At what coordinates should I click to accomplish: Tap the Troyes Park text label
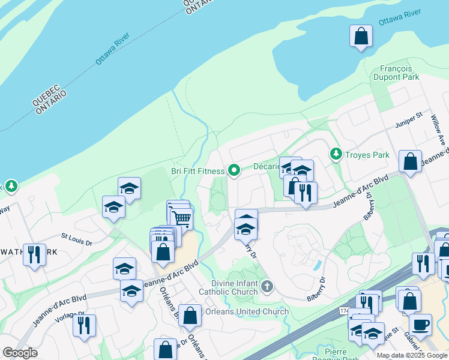367,155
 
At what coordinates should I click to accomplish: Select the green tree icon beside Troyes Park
336,155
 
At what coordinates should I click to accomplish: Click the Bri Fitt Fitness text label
197,171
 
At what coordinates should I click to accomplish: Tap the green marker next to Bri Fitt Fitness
234,171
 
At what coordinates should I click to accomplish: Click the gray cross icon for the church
268,287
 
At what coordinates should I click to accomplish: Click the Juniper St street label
409,120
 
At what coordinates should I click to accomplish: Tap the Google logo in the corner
20,353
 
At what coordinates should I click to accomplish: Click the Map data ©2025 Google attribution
412,355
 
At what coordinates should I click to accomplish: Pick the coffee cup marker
420,324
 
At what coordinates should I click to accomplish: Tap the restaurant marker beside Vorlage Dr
84,325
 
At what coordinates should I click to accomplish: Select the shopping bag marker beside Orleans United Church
190,316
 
